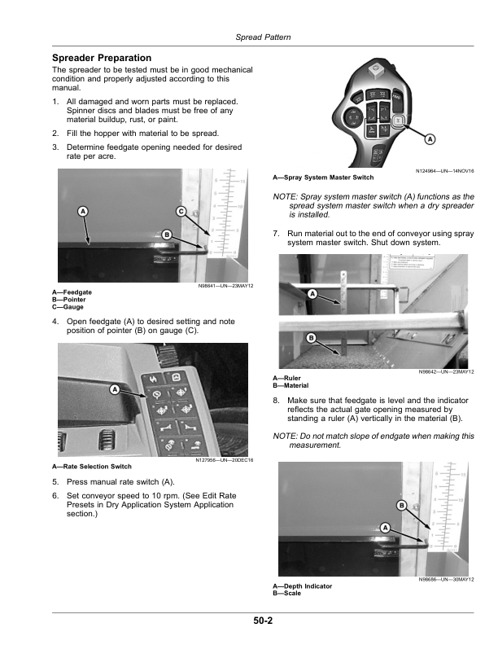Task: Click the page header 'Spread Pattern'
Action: [x=263, y=37]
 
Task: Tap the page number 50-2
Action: [x=262, y=621]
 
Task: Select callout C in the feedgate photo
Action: [x=181, y=212]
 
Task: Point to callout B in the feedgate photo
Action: [x=166, y=235]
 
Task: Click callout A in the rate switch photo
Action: [x=115, y=391]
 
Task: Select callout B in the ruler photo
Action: [x=311, y=337]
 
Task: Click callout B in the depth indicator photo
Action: [x=401, y=506]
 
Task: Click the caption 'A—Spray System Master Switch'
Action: [x=323, y=177]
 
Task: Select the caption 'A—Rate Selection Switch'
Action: [x=92, y=467]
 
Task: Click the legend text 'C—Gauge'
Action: [x=67, y=307]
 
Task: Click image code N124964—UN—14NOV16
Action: [x=446, y=169]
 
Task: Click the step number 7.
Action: [x=277, y=233]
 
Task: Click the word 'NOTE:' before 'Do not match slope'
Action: [x=285, y=437]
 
